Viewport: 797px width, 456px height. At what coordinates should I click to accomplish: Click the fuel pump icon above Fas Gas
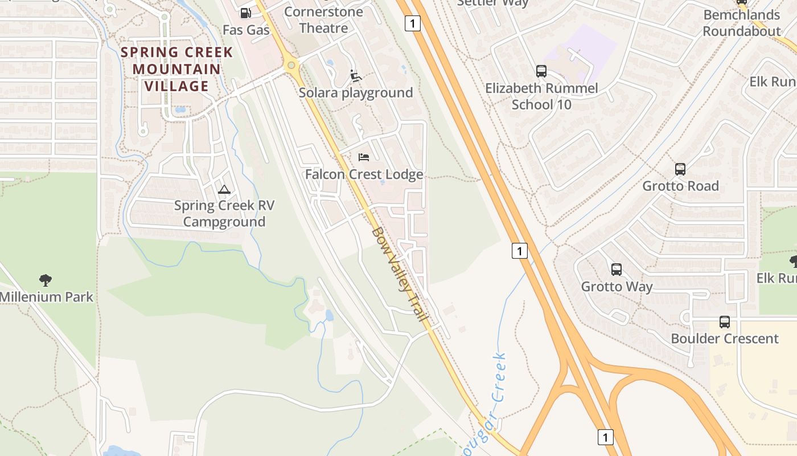pos(245,13)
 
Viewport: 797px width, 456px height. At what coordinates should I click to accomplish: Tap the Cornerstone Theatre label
pos(323,20)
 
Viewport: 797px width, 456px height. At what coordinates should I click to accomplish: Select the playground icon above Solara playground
pos(355,75)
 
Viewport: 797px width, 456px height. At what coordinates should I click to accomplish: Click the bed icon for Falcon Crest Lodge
pos(364,157)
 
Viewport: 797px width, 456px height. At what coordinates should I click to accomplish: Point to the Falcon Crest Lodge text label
pos(364,174)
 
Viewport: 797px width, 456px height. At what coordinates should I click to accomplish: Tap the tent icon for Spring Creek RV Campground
pos(224,189)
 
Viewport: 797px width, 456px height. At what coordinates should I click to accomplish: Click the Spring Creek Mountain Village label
pos(176,70)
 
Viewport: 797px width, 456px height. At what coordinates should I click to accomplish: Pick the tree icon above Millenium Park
pos(46,280)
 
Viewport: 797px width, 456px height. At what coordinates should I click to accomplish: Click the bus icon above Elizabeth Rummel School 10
pos(541,71)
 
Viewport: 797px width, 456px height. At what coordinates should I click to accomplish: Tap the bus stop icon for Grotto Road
pos(680,169)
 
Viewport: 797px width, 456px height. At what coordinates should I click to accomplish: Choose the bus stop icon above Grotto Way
pos(617,269)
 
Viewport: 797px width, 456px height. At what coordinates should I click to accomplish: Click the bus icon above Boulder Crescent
pos(725,321)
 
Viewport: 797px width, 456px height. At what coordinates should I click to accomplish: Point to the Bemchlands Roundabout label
pos(741,23)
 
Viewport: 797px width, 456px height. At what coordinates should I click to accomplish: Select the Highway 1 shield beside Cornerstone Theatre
pos(413,23)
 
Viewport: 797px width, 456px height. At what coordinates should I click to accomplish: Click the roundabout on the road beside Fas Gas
pos(292,66)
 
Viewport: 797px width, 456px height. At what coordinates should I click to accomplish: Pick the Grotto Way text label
pos(617,286)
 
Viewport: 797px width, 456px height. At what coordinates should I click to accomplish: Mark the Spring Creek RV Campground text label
pos(224,214)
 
